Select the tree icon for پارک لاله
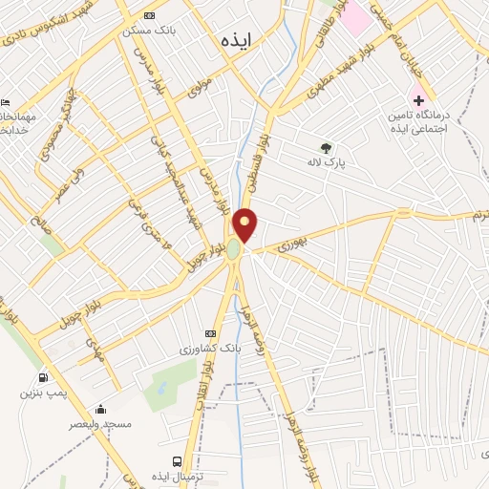pos(327,148)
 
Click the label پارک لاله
pos(325,163)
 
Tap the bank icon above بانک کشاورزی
pos(210,333)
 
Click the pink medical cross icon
pos(418,99)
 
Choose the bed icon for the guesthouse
pos(6,102)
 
